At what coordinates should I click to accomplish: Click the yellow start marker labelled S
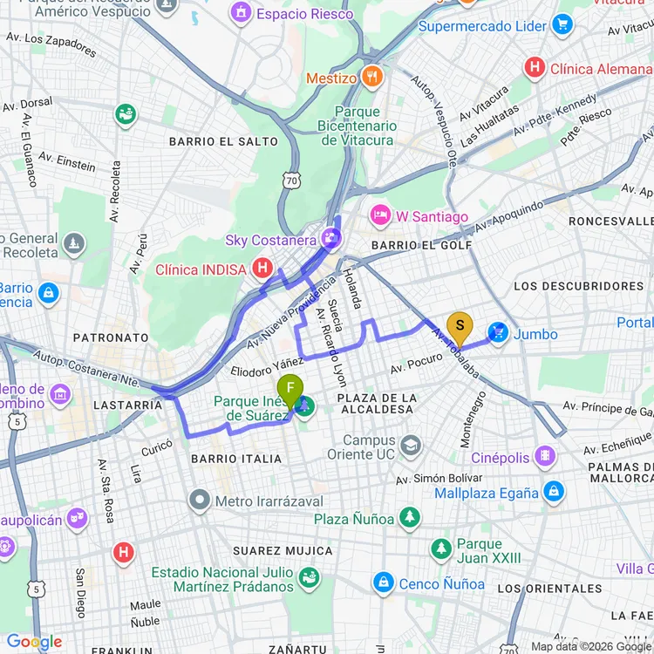[x=460, y=329]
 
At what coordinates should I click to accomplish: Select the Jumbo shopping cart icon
[x=498, y=333]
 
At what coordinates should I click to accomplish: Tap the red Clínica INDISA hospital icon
[x=261, y=269]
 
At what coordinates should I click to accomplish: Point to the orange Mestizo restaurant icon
[x=371, y=77]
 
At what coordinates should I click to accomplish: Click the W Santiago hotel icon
[x=379, y=215]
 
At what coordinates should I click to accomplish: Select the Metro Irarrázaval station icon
[x=201, y=501]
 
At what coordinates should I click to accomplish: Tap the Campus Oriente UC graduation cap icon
[x=411, y=447]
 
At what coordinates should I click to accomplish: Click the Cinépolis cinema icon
[x=545, y=456]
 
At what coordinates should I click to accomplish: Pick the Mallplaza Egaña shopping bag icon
[x=553, y=492]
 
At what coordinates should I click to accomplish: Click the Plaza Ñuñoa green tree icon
[x=410, y=518]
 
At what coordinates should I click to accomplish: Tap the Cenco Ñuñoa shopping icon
[x=383, y=582]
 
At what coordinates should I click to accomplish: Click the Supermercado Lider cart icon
[x=562, y=25]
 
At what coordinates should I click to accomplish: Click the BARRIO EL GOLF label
[x=421, y=246]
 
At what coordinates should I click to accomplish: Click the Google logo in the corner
[x=35, y=642]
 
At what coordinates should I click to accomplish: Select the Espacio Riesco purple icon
[x=239, y=13]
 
